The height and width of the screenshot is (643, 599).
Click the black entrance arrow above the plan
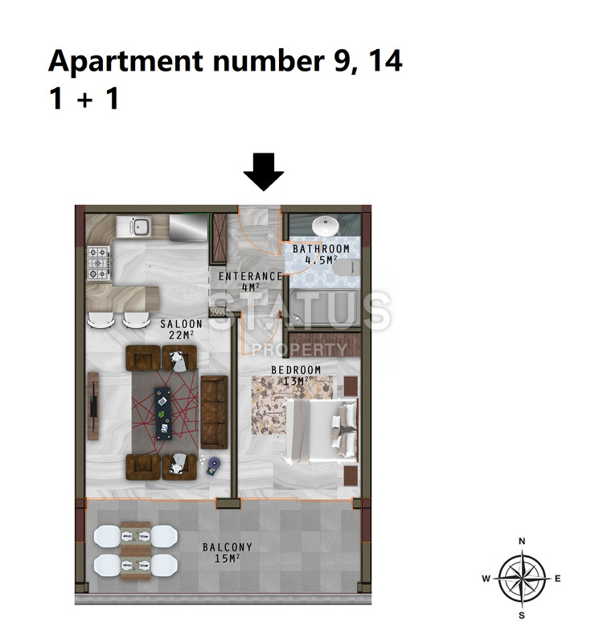[x=264, y=172]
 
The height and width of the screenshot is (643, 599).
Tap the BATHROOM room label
[x=321, y=249]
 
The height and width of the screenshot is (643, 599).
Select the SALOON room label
[x=182, y=324]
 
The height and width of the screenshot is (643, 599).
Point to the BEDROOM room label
[x=296, y=370]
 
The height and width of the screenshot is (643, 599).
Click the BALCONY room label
[x=228, y=547]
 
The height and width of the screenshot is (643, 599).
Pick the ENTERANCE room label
[x=250, y=276]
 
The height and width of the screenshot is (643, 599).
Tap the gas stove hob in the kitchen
[x=99, y=263]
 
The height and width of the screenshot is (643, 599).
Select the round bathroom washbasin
[x=326, y=226]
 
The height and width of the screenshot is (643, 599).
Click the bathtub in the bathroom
[x=325, y=309]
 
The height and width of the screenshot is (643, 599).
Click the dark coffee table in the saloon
[x=162, y=413]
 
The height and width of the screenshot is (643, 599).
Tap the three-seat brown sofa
[x=214, y=412]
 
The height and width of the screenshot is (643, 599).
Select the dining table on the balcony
[x=136, y=551]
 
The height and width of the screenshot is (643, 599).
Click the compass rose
[x=522, y=578]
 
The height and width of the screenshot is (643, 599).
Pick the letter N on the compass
[x=522, y=541]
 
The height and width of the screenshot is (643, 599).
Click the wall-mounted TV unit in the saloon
[x=93, y=406]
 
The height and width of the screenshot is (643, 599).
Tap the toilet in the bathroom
[x=346, y=268]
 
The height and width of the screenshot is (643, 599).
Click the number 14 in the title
[x=385, y=61]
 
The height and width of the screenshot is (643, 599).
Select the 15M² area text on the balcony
[x=227, y=558]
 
